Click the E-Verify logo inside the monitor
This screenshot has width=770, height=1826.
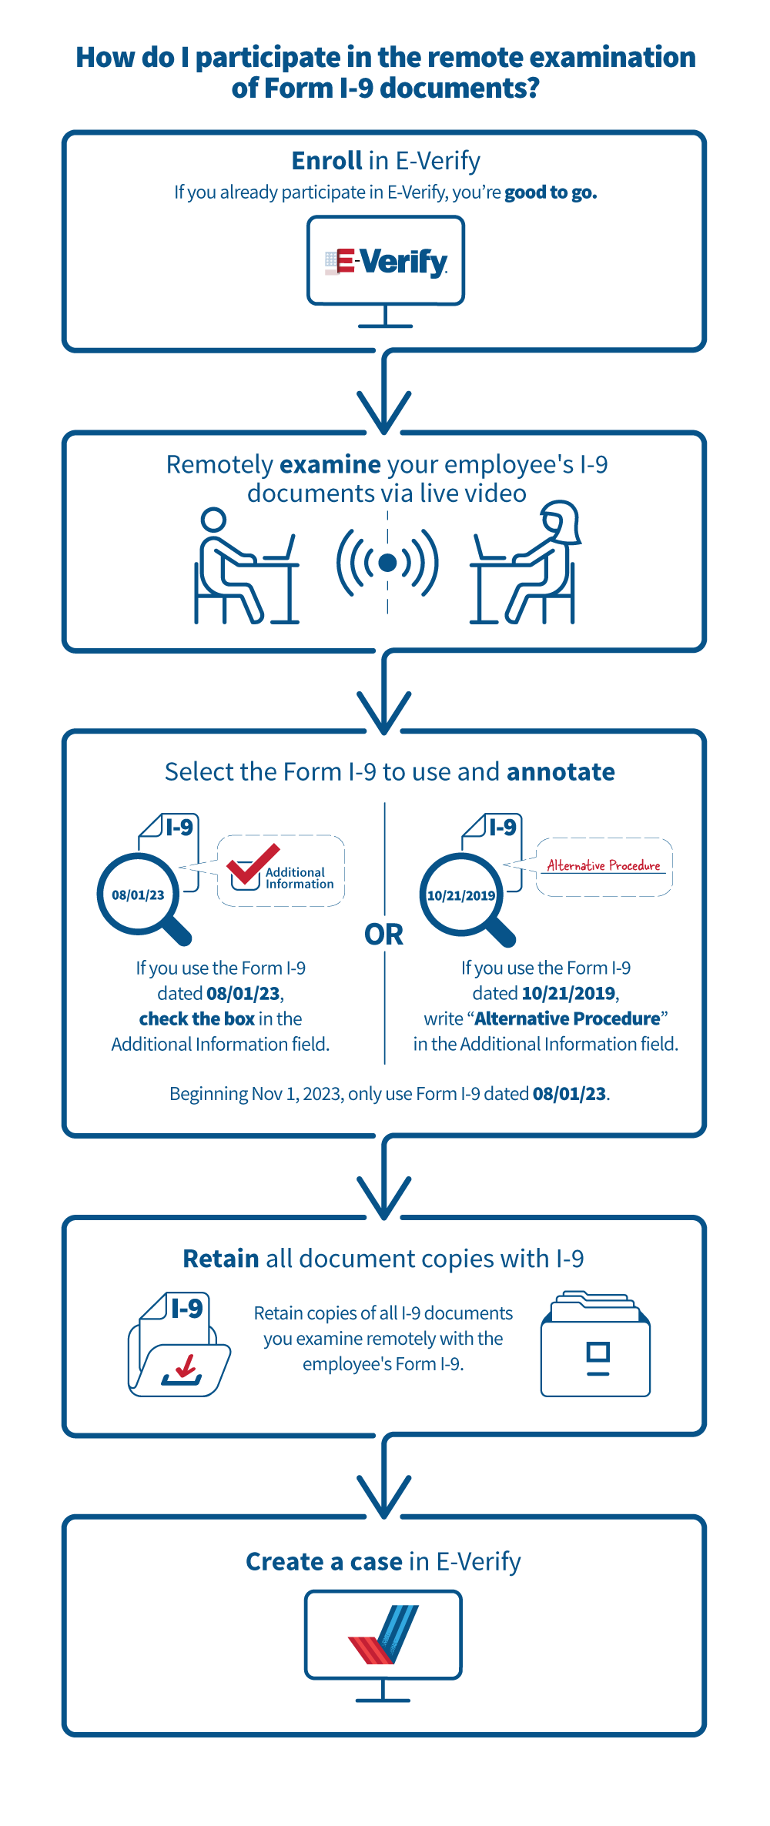(x=386, y=262)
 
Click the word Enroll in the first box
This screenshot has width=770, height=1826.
(x=326, y=161)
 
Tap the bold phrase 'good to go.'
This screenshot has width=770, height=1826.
(x=551, y=192)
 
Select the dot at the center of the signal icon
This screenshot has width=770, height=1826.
(x=387, y=563)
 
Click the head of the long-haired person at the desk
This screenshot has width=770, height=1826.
(x=560, y=519)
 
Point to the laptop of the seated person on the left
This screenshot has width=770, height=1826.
(x=280, y=550)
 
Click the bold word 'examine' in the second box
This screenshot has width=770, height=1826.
(x=330, y=465)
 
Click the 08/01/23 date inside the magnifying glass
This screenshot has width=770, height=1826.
(x=138, y=895)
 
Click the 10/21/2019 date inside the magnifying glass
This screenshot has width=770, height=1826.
(x=461, y=895)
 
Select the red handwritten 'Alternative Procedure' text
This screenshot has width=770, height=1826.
(x=604, y=865)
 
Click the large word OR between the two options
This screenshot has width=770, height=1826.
(x=383, y=935)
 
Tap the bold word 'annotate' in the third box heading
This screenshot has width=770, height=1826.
(x=560, y=772)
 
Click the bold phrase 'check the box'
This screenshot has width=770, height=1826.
(x=196, y=1019)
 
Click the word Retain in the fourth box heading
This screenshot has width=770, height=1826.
(x=220, y=1259)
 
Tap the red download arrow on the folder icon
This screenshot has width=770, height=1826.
(x=185, y=1366)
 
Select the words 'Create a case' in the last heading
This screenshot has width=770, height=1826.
(x=323, y=1562)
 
